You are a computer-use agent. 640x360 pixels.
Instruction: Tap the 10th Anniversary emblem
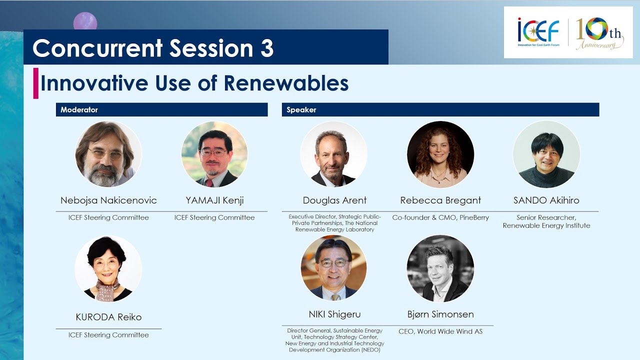599,33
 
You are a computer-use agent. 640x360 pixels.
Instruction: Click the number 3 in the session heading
267,48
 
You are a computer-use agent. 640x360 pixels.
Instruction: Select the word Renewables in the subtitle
286,83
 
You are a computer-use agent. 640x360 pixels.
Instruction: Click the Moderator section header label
79,109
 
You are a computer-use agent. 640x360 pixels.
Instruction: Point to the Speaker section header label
301,109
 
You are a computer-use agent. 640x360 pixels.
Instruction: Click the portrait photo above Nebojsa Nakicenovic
108,154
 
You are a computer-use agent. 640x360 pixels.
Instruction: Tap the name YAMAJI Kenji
214,200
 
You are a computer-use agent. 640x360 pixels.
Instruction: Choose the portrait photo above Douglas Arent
333,154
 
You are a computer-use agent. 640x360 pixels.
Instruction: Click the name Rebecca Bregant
440,200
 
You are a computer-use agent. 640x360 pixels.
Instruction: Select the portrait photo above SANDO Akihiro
546,154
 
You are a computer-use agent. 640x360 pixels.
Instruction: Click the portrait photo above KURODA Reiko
108,268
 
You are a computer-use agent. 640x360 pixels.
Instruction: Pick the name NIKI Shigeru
334,314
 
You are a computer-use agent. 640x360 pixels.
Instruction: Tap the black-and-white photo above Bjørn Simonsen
440,268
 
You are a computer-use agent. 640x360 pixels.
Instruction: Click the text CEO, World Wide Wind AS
440,331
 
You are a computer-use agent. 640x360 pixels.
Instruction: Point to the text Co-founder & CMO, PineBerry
440,217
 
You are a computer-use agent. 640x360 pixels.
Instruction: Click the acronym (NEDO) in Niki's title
371,350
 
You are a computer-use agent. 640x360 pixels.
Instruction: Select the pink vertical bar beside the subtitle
35,83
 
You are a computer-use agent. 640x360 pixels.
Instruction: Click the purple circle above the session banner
85,21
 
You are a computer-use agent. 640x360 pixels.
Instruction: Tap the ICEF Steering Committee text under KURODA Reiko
108,335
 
